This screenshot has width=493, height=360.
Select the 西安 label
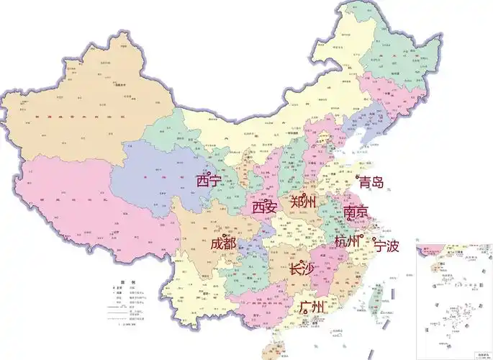[264, 207]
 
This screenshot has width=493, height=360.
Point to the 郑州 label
[302, 202]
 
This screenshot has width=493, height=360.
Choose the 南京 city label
[356, 212]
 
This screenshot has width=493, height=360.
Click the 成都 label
[223, 243]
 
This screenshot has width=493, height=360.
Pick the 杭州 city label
[347, 241]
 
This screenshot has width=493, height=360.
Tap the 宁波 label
[386, 246]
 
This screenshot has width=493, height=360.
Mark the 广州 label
[312, 307]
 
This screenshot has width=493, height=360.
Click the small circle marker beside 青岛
[358, 176]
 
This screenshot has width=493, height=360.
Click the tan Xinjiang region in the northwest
[86, 108]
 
